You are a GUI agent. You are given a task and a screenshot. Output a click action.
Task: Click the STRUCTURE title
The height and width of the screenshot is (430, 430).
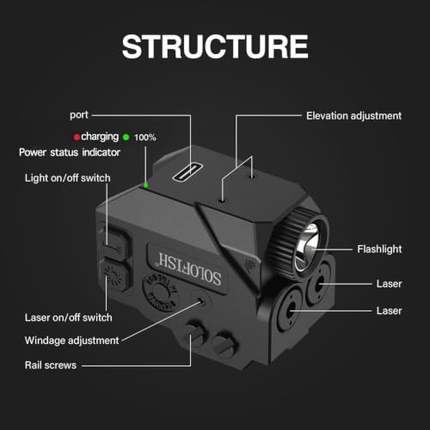click(215, 46)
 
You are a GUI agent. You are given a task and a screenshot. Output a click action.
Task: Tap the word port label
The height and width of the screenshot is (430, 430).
click(79, 115)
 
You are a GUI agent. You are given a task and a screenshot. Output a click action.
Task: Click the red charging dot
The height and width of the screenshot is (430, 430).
click(77, 137)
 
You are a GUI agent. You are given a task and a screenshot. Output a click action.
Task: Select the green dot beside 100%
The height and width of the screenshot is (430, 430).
click(126, 137)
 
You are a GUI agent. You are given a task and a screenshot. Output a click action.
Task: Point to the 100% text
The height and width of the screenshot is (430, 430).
click(145, 138)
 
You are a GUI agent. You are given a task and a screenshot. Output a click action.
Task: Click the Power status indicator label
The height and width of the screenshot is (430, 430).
click(70, 152)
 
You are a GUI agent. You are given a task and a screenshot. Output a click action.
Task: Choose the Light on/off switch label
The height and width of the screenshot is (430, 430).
click(68, 178)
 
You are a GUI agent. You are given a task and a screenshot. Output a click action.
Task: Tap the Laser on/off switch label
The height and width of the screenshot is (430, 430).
click(69, 317)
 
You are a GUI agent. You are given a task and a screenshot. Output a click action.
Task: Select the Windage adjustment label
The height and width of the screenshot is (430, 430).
click(71, 341)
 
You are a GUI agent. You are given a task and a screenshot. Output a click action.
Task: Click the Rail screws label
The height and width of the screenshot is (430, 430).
click(51, 365)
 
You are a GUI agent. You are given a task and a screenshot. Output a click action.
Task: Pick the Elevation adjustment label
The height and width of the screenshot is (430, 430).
click(353, 116)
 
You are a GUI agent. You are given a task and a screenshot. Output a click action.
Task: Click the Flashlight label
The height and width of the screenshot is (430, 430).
click(379, 249)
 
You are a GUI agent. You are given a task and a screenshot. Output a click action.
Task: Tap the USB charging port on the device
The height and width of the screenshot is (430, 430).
click(187, 173)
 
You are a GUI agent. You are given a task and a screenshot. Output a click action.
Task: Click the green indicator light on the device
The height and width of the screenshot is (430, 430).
click(146, 185)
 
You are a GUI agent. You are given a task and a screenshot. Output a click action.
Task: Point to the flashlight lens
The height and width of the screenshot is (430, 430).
click(308, 247)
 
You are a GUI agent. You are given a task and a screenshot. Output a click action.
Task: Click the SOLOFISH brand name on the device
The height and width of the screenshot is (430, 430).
click(190, 269)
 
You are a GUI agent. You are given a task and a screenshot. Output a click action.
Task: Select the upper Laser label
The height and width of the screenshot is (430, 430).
click(389, 284)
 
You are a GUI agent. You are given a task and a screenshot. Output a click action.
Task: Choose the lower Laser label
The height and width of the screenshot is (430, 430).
click(389, 310)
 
